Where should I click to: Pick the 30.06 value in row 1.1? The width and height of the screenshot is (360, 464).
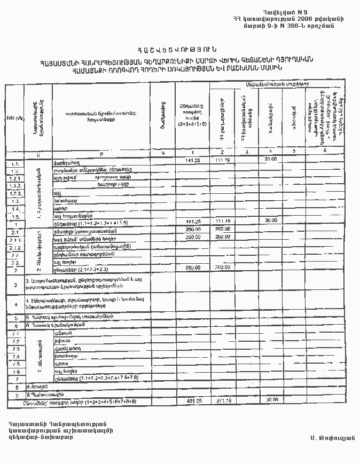[x=271, y=160]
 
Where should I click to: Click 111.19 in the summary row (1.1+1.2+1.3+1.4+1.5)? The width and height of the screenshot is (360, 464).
[x=222, y=221]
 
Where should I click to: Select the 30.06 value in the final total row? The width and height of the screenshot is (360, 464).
[x=271, y=400]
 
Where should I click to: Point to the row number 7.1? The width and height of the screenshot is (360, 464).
[x=15, y=334]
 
